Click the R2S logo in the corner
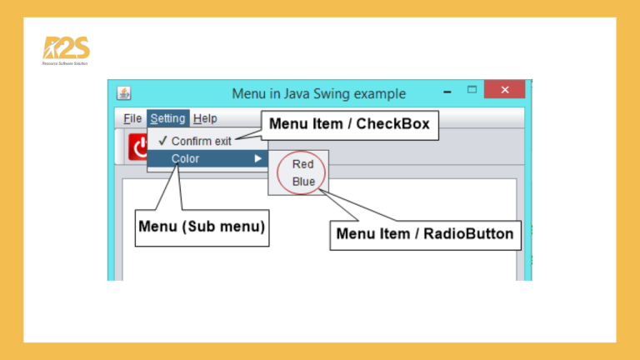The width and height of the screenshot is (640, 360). (66, 49)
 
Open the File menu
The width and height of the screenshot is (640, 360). (132, 118)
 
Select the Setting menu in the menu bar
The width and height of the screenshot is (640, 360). (168, 118)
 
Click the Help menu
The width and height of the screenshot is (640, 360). (205, 118)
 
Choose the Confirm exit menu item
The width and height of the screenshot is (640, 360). (201, 141)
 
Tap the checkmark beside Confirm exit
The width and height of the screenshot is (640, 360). (162, 141)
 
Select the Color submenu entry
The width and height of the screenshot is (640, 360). (185, 158)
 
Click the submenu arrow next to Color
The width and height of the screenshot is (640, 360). (258, 158)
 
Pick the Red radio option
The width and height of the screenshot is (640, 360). (302, 164)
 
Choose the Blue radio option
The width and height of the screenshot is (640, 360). (303, 181)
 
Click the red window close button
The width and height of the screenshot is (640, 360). (504, 90)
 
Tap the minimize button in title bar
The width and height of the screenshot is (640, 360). (447, 91)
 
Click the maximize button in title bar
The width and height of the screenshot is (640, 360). (472, 89)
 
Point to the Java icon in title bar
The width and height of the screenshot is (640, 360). (123, 92)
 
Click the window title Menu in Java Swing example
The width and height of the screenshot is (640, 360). (318, 93)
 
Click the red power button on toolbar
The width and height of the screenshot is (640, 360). (138, 149)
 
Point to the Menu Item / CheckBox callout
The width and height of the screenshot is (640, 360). (349, 124)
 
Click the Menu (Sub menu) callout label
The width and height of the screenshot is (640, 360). (202, 226)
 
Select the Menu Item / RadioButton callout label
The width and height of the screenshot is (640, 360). (425, 233)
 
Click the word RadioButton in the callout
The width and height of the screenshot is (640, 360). (468, 233)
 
